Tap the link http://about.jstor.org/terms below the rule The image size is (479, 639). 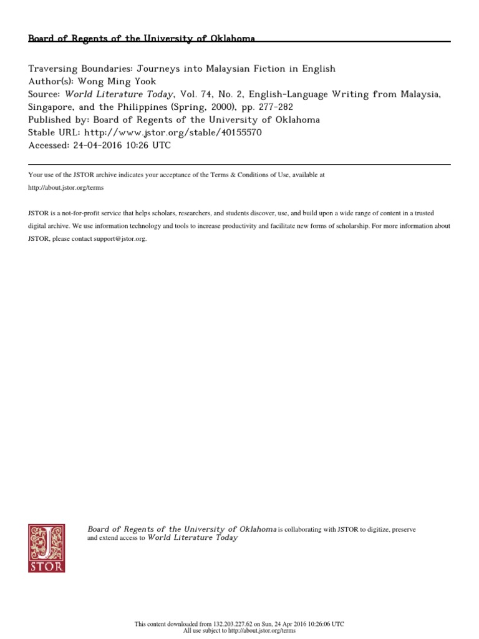pos(67,188)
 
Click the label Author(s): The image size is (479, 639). pos(51,81)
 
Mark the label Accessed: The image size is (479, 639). pos(49,145)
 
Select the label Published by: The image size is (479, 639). pos(60,120)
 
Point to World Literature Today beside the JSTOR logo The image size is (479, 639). pos(192,537)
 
